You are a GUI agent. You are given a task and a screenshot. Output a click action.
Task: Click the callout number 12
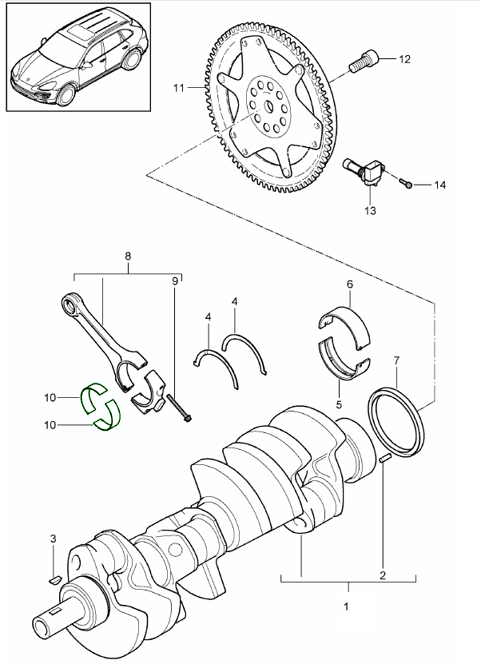404,59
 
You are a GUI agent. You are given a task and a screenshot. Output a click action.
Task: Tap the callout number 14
439,185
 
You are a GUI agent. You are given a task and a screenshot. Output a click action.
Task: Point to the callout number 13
370,210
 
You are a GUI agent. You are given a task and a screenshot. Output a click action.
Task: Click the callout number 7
398,362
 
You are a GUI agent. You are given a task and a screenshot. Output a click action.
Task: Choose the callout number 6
349,284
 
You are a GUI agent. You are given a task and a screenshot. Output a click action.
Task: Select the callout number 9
175,280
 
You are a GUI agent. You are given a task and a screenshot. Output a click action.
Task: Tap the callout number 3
53,539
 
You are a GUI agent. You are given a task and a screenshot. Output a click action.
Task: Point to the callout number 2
382,575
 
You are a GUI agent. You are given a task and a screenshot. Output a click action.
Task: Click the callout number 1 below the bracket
346,607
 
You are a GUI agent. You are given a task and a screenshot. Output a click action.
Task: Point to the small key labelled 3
54,577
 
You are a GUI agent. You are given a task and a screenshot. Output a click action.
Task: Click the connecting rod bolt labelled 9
179,407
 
